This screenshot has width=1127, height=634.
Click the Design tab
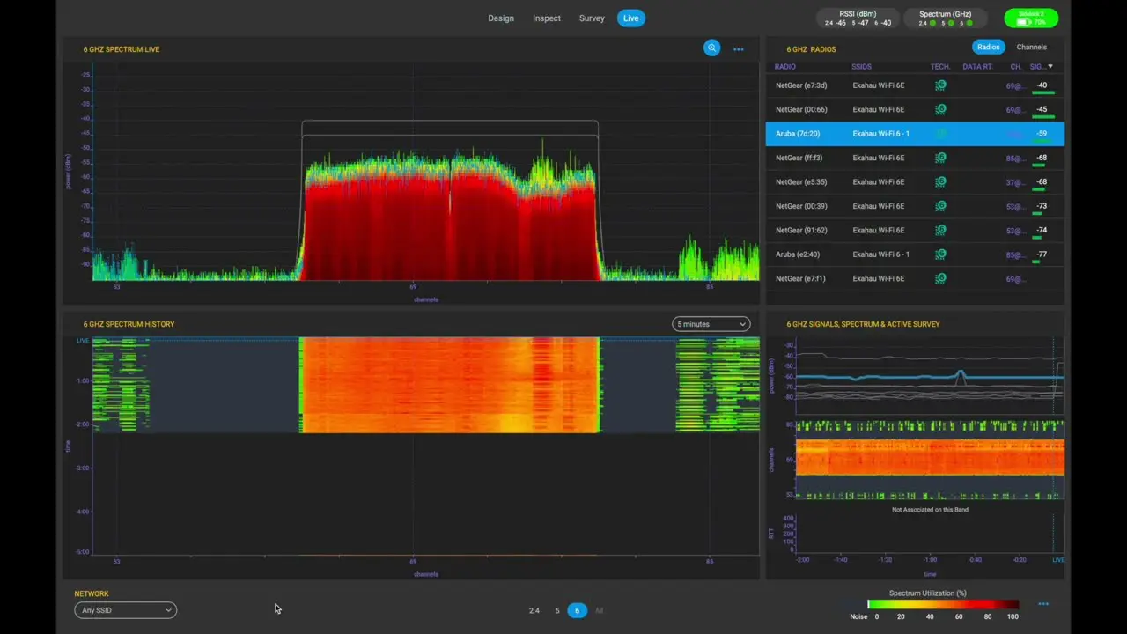pyautogui.click(x=501, y=18)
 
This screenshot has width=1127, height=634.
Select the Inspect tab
pyautogui.click(x=547, y=18)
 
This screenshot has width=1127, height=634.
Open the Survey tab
pyautogui.click(x=592, y=18)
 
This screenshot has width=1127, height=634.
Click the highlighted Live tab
pyautogui.click(x=630, y=18)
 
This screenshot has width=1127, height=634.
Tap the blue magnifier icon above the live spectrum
pyautogui.click(x=711, y=48)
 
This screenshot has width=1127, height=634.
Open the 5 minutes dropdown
pyautogui.click(x=711, y=324)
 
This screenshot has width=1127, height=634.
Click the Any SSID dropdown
pyautogui.click(x=125, y=610)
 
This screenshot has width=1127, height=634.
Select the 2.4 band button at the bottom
pyautogui.click(x=534, y=610)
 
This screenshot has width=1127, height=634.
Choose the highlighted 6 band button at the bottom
pyautogui.click(x=577, y=610)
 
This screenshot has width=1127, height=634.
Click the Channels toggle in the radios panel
pyautogui.click(x=1031, y=47)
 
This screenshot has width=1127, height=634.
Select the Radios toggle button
pyautogui.click(x=988, y=47)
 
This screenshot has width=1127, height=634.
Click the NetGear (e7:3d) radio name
pyautogui.click(x=801, y=85)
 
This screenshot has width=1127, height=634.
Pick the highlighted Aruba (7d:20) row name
pyautogui.click(x=798, y=134)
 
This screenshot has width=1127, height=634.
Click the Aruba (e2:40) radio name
pyautogui.click(x=798, y=254)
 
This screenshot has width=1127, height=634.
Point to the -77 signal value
pyautogui.click(x=1042, y=254)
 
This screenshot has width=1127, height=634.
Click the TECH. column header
pyautogui.click(x=940, y=67)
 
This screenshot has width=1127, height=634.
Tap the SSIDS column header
pyautogui.click(x=861, y=67)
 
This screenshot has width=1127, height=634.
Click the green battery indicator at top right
pyautogui.click(x=1031, y=18)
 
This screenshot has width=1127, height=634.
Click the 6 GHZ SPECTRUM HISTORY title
pyautogui.click(x=129, y=324)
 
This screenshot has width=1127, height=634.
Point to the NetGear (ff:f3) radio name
pyautogui.click(x=799, y=158)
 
